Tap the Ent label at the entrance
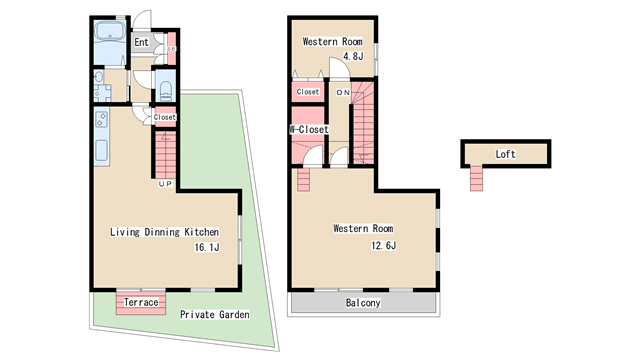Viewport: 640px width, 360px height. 141,42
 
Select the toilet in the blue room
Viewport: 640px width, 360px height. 166,90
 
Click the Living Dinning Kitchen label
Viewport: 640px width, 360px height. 164,232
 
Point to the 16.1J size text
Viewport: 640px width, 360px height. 207,247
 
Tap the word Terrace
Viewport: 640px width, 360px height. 141,302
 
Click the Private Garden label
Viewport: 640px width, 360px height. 215,314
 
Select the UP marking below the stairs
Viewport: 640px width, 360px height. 165,184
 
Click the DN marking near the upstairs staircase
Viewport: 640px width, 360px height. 343,93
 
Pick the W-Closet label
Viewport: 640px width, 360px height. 309,129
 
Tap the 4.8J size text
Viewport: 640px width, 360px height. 353,56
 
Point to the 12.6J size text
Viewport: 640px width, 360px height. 383,245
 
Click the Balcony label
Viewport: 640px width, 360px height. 363,302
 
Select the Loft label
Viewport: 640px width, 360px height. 505,154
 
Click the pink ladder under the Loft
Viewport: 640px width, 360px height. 476,178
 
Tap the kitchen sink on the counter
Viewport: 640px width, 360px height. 102,151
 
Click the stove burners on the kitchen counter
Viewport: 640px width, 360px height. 102,119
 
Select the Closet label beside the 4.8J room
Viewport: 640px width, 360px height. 308,92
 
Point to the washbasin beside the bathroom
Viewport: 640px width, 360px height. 98,77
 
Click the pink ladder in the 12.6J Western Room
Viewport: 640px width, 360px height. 304,180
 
